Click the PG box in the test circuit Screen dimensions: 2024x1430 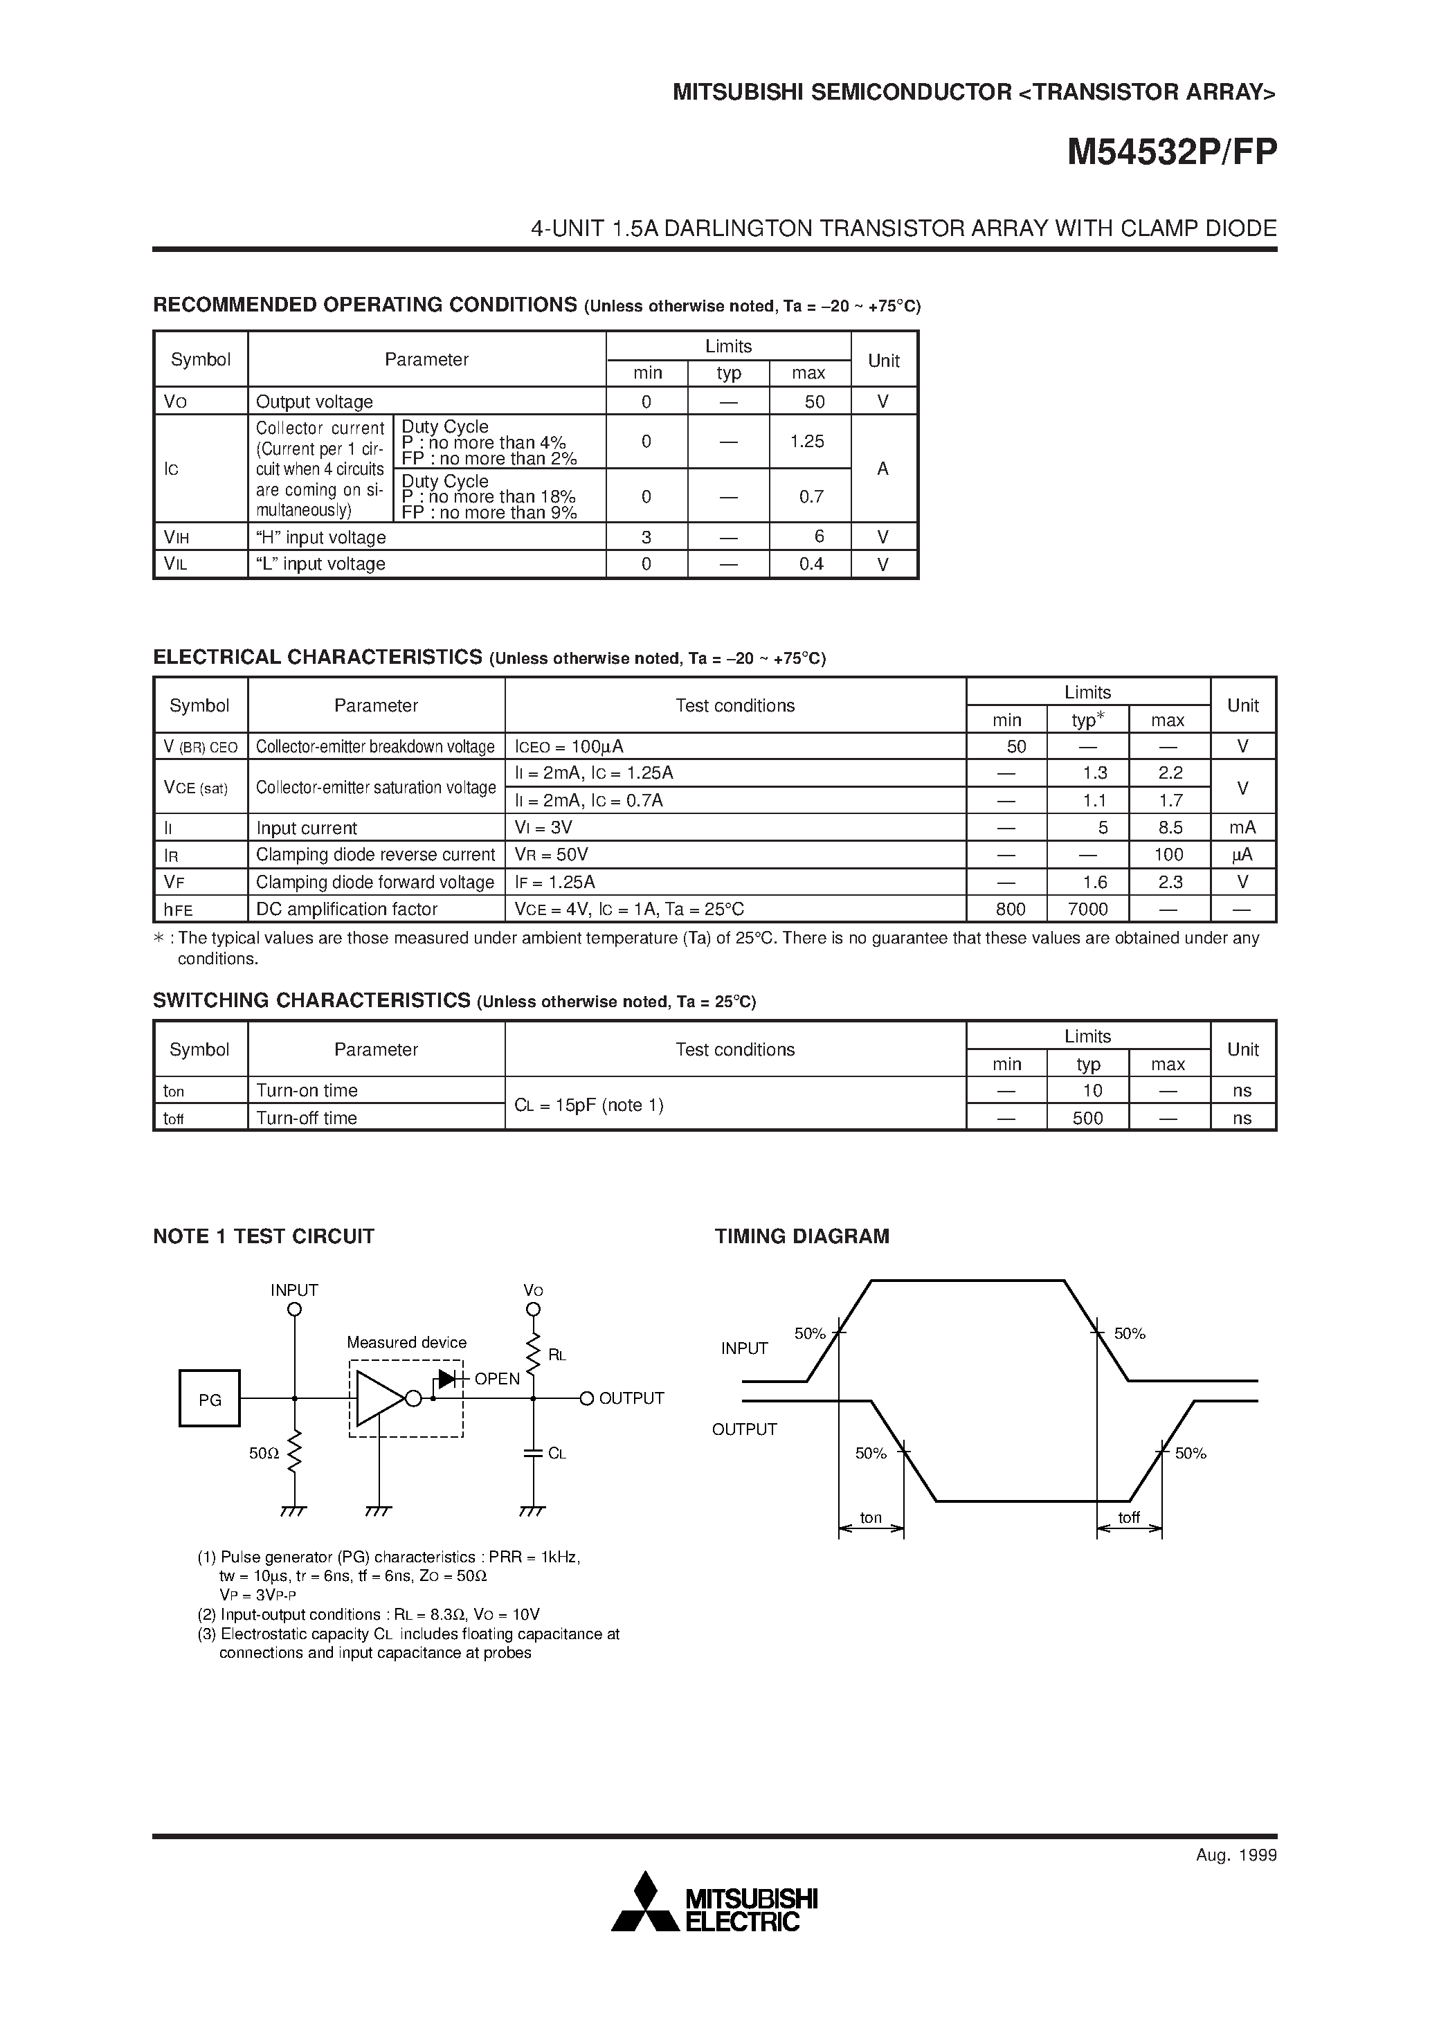click(x=210, y=1399)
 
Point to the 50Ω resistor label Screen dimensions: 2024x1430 click(x=264, y=1453)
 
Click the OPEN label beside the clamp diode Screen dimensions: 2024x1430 click(x=497, y=1380)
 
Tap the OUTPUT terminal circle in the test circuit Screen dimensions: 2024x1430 click(x=587, y=1398)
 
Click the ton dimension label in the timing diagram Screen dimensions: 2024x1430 click(x=871, y=1517)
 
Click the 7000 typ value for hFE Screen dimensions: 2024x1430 click(x=1087, y=909)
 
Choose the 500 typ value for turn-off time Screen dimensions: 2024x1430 click(x=1088, y=1118)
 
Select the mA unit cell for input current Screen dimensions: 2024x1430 click(x=1242, y=828)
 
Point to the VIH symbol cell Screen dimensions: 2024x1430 click(x=177, y=537)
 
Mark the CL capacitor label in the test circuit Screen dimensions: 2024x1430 click(x=556, y=1453)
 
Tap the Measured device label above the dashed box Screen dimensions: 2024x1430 click(x=406, y=1343)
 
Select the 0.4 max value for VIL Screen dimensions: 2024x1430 click(x=811, y=564)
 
